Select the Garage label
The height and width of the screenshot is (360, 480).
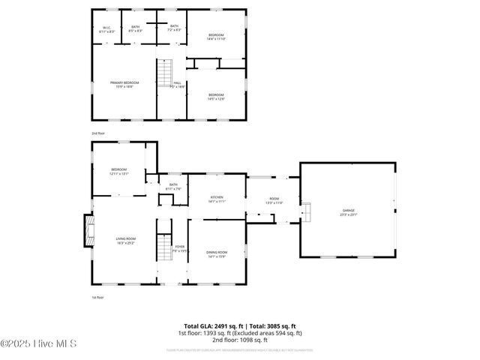click(x=349, y=211)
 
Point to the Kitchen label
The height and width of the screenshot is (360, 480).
click(x=217, y=198)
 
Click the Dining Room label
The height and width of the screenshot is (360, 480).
click(x=216, y=253)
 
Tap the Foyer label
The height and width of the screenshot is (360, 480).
click(x=179, y=247)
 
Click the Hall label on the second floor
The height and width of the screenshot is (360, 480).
click(x=178, y=84)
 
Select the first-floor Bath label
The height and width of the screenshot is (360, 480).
click(x=173, y=186)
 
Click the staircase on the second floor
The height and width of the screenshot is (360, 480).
click(x=164, y=74)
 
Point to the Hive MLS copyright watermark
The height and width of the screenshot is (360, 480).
click(x=39, y=345)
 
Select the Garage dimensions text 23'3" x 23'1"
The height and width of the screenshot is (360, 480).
click(x=349, y=214)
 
